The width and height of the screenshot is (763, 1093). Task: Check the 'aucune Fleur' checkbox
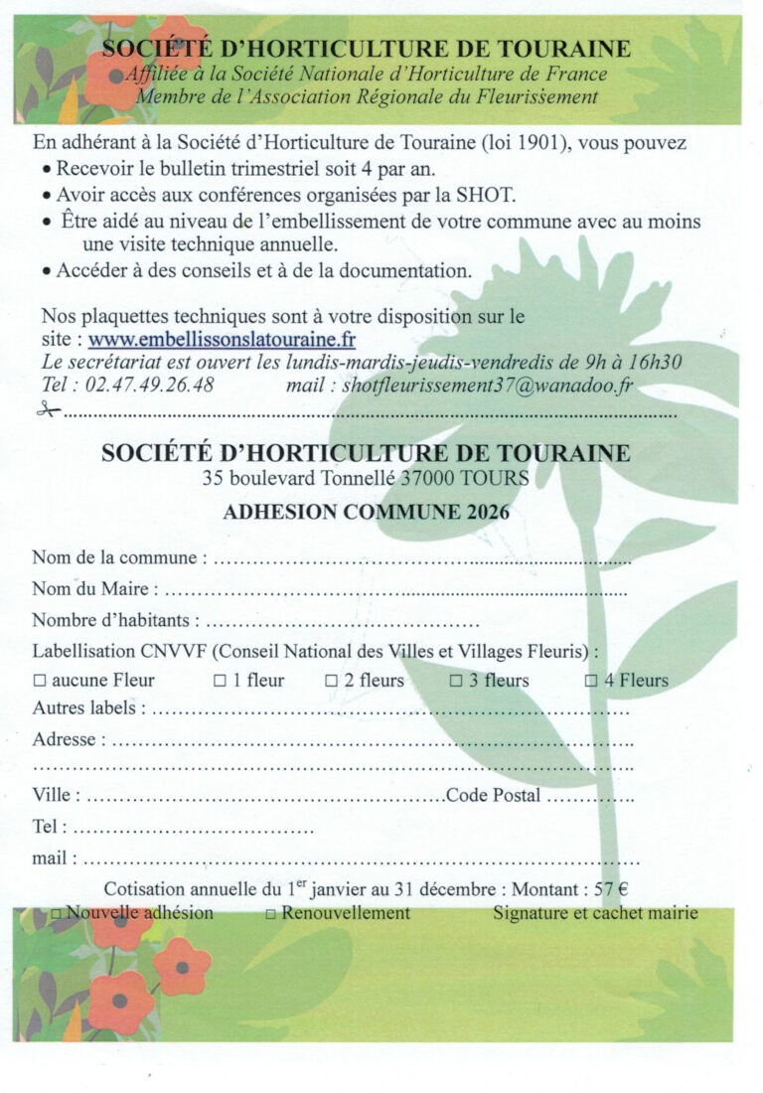coord(40,682)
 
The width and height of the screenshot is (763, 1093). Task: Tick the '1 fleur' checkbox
coord(220,682)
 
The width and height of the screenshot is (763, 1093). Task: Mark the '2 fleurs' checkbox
coord(332,682)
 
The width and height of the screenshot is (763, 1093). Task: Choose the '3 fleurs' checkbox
coord(456,682)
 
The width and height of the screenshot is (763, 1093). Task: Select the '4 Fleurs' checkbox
coord(590,682)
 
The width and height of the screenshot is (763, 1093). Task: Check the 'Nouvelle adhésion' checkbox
coord(57,913)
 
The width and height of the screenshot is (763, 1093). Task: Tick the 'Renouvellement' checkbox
coord(271,913)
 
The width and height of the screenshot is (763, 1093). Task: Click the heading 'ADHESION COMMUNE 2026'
coord(366,513)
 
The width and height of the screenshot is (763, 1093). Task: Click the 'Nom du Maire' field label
coord(93,589)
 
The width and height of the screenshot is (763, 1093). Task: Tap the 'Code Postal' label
coord(494,795)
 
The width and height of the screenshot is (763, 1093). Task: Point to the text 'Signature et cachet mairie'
coord(595,913)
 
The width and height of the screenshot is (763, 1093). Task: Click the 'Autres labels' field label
coord(88,709)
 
